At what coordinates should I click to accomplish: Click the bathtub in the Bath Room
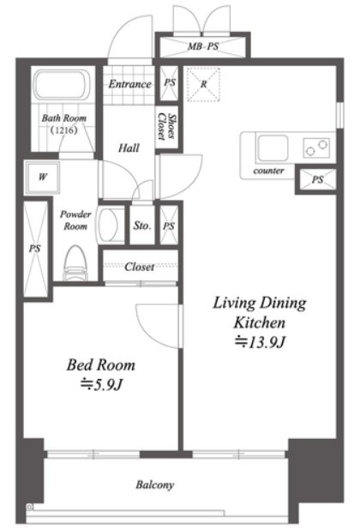click(x=63, y=85)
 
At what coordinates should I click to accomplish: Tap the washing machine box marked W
click(x=43, y=177)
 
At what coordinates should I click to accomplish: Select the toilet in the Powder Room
click(x=75, y=264)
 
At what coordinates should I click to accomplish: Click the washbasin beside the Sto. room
click(x=111, y=225)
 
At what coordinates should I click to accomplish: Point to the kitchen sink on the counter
click(x=272, y=147)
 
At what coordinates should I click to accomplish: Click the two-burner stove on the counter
click(x=316, y=147)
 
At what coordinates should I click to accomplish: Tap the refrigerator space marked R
click(x=203, y=84)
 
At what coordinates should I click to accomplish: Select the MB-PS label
click(x=203, y=46)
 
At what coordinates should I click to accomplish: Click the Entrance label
click(x=130, y=84)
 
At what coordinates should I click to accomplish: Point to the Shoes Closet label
click(x=167, y=127)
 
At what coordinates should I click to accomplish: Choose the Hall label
click(x=129, y=147)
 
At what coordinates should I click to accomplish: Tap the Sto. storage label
click(x=141, y=225)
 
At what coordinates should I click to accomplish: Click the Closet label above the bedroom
click(x=140, y=267)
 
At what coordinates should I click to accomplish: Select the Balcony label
click(x=155, y=484)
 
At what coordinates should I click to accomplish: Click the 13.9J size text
click(x=260, y=342)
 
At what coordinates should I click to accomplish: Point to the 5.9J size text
click(x=101, y=385)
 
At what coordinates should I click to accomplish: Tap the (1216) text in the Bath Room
click(x=64, y=129)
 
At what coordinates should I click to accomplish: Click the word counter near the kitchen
click(x=268, y=171)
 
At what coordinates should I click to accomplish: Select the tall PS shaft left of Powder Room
click(x=35, y=249)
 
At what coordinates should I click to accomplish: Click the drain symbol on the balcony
click(x=29, y=507)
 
